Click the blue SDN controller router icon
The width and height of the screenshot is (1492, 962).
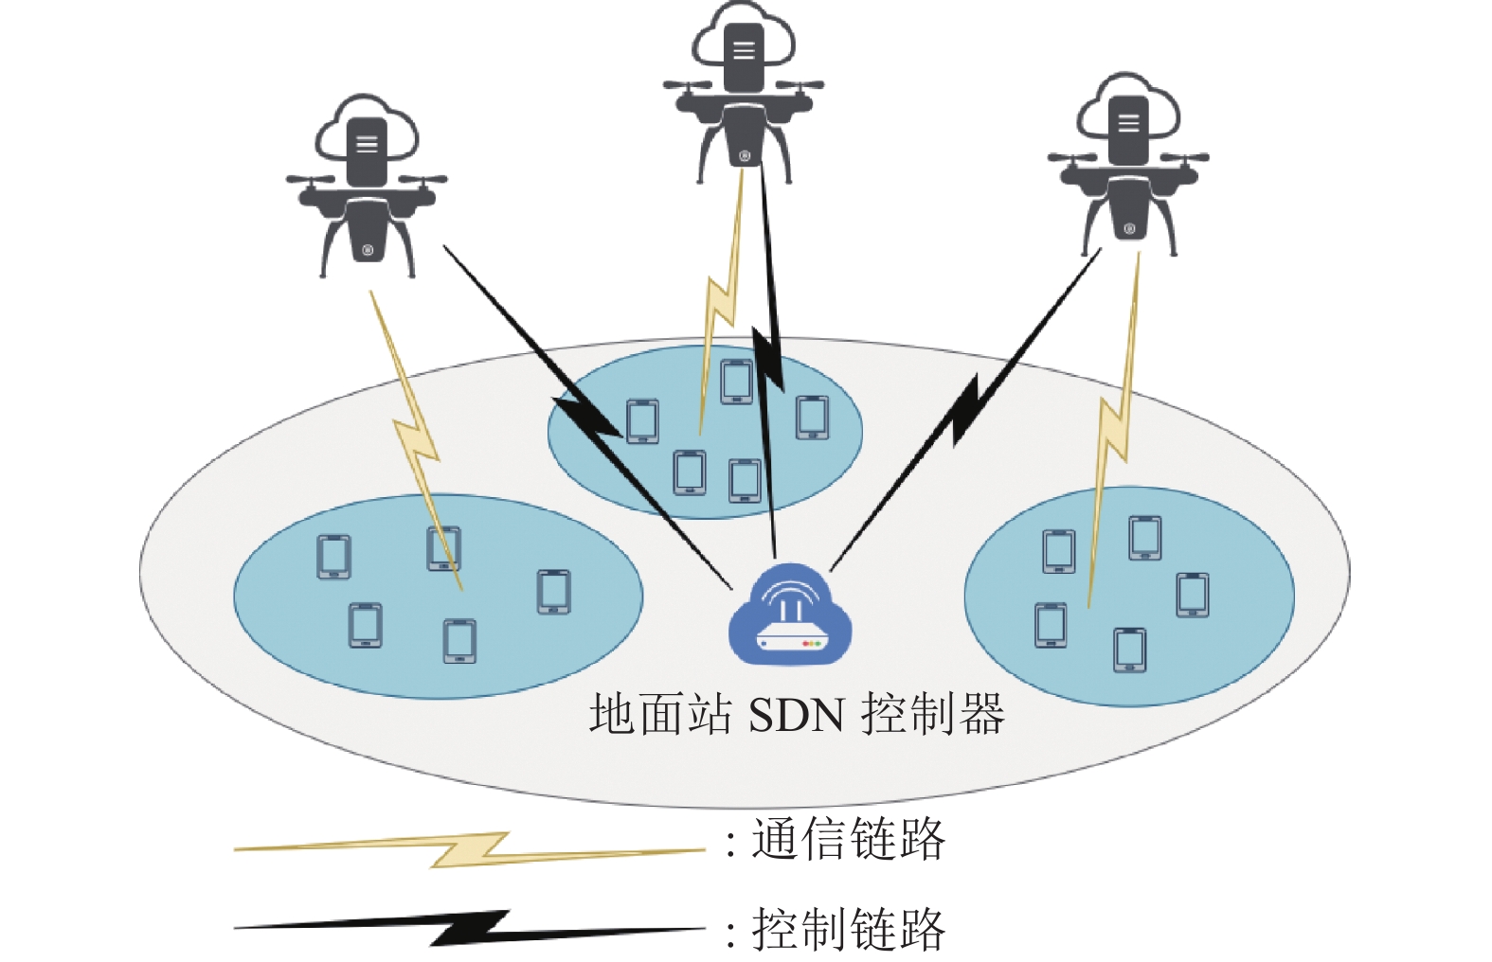(790, 615)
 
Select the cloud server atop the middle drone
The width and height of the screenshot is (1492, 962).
(744, 44)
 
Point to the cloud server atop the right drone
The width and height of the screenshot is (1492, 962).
(1128, 116)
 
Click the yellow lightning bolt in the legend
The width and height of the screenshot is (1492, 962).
(469, 850)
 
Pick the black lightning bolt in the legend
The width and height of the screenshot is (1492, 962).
(469, 927)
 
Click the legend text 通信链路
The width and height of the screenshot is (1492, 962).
(849, 840)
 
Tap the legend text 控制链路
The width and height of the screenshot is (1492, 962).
(849, 929)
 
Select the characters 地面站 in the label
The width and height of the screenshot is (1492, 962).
(660, 714)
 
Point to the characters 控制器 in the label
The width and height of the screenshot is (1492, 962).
(932, 714)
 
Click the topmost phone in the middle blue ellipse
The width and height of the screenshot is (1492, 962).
(737, 382)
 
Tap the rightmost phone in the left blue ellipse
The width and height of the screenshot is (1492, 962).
(553, 591)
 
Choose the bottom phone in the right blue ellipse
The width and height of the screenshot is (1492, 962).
(1129, 650)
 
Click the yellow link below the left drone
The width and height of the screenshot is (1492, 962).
(416, 440)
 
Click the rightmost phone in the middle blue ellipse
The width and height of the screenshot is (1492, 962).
(813, 418)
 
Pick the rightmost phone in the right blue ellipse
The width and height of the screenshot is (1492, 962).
(1193, 595)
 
